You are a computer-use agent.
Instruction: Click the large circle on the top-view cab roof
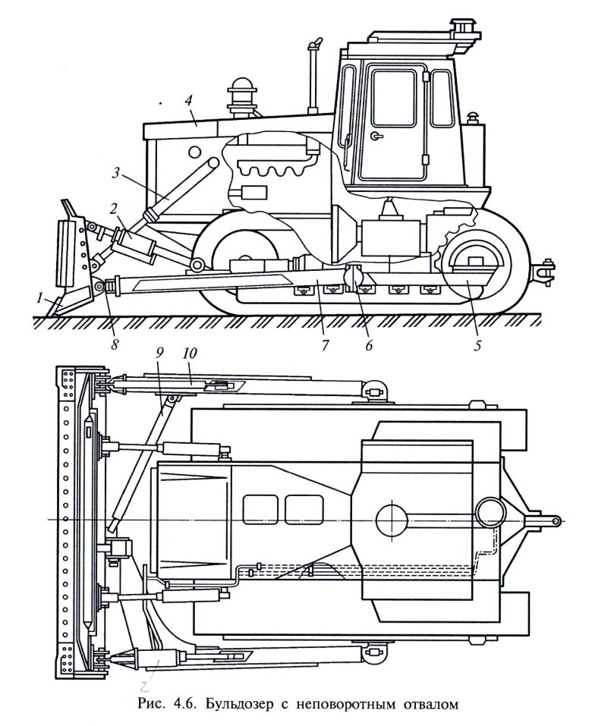pos(392,520)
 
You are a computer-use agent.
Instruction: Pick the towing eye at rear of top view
pos(553,520)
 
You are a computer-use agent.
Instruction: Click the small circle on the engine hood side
pos(197,146)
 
